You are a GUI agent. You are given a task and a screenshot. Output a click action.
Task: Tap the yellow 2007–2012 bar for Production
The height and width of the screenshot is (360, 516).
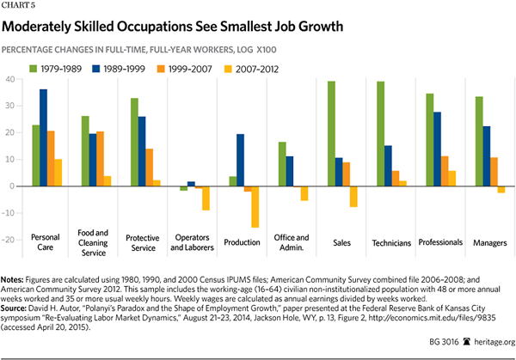tap(255, 206)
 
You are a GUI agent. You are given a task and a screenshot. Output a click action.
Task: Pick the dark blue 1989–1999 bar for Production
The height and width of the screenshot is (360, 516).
tap(241, 160)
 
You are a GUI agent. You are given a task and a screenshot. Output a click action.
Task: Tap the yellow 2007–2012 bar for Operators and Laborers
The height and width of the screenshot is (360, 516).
tap(206, 198)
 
